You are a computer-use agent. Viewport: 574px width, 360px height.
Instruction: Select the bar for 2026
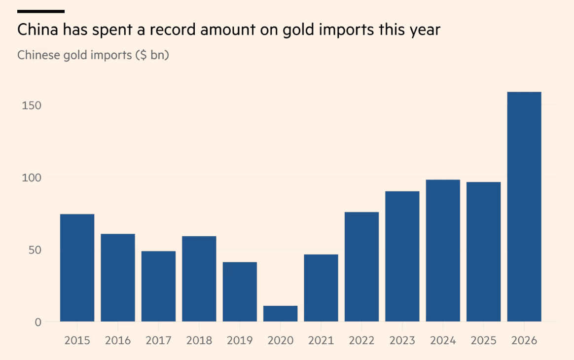tap(524, 207)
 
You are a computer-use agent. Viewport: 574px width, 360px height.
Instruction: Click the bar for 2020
tap(280, 314)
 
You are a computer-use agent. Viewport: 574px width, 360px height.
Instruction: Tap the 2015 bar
tap(77, 268)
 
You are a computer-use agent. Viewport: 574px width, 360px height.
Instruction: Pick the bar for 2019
tap(239, 292)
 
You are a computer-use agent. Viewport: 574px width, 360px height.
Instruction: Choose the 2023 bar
tap(402, 256)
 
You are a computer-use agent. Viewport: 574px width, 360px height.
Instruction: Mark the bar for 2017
tap(158, 287)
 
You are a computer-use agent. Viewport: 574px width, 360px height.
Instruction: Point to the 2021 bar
tap(321, 288)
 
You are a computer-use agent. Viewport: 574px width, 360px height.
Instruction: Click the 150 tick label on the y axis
tap(32, 106)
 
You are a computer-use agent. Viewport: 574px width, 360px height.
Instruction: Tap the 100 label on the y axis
tap(32, 178)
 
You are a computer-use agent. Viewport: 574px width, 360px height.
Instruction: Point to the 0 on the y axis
tap(38, 323)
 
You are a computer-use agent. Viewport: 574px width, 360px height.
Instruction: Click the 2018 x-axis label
tap(199, 340)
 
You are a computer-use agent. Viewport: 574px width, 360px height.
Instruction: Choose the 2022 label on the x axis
tap(361, 340)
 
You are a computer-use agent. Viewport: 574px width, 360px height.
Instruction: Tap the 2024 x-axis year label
tap(442, 340)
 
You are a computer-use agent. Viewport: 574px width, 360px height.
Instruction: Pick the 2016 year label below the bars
tap(117, 340)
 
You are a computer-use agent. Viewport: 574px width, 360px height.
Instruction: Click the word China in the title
tap(37, 29)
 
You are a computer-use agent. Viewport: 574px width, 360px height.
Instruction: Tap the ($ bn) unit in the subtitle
tap(152, 55)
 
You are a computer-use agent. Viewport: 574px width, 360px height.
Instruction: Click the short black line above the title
tap(41, 11)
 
